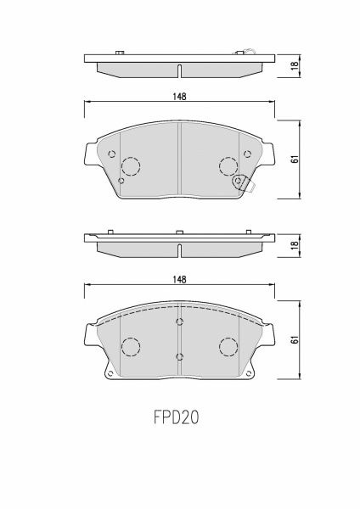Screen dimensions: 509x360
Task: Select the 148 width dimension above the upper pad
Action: point(179,96)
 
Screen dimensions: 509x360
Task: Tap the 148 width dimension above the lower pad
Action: point(179,279)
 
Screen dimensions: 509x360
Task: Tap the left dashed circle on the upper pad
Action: point(131,166)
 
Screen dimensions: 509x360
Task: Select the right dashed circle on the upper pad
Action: point(228,166)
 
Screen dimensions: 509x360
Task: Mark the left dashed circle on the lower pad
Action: point(131,347)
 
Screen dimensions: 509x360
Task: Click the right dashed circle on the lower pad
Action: point(228,347)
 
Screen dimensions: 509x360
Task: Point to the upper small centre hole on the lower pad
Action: point(179,322)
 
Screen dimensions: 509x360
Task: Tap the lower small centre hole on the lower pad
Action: point(179,356)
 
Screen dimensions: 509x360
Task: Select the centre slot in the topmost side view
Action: point(179,70)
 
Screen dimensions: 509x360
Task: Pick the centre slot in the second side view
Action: point(179,249)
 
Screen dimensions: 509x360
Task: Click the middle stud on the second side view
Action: point(179,232)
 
